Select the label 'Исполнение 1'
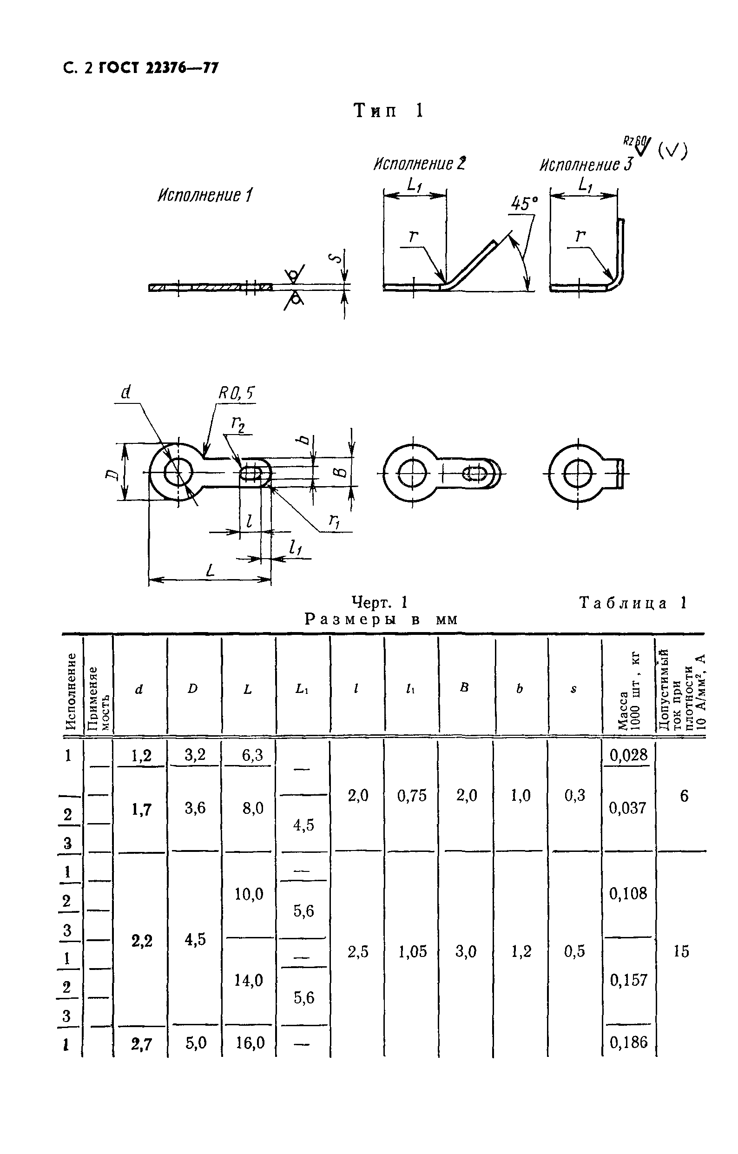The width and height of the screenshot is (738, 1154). [204, 196]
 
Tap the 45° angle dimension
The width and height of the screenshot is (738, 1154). [523, 203]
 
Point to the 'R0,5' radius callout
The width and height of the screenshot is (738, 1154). [236, 394]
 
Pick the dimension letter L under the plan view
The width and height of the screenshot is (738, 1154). [210, 570]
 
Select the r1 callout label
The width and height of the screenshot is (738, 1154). [334, 521]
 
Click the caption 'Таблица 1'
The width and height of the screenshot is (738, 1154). [633, 602]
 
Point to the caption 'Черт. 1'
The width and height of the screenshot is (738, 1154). [379, 602]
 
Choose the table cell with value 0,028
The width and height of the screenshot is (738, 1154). [628, 755]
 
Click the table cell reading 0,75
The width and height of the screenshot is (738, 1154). [412, 796]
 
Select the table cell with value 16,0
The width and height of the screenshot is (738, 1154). [250, 1042]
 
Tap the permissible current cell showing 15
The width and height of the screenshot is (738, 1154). [681, 951]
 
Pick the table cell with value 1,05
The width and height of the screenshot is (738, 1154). [412, 952]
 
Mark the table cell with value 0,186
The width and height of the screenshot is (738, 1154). [628, 1042]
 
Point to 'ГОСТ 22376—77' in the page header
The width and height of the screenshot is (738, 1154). [158, 68]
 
